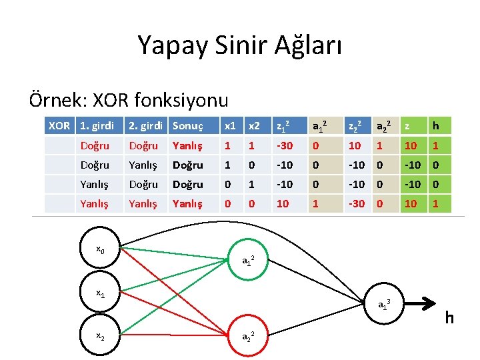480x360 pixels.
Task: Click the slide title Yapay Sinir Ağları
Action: (239, 45)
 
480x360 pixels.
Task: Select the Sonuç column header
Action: (187, 125)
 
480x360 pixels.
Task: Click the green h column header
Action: (436, 125)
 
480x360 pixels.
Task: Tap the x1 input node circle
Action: (101, 293)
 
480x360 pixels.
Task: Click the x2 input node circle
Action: (101, 337)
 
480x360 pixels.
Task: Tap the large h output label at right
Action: (449, 318)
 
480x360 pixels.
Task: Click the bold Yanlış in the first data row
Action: (187, 145)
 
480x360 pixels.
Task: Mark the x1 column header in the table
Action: (230, 125)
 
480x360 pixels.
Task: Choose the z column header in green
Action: (411, 125)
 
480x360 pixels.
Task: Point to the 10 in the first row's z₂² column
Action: (355, 145)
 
